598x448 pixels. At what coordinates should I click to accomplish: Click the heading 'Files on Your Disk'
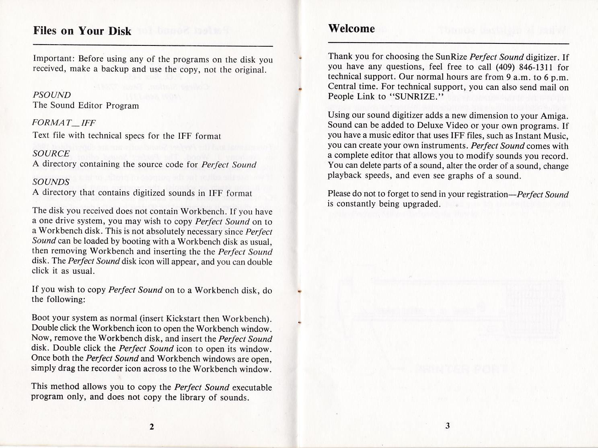click(x=82, y=31)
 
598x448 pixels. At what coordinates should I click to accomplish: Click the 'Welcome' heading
click(x=351, y=29)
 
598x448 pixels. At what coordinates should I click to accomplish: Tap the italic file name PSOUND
click(x=51, y=95)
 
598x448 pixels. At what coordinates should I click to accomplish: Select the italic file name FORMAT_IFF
click(x=64, y=123)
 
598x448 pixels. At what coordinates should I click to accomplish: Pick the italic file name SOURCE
click(x=51, y=154)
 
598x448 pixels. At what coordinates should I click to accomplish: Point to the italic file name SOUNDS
click(x=51, y=182)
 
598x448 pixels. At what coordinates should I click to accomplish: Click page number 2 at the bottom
click(x=152, y=427)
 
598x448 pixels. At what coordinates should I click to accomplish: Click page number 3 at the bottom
click(x=447, y=426)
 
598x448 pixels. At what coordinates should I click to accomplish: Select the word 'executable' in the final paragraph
click(x=252, y=388)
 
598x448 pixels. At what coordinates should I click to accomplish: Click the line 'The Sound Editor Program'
click(x=86, y=106)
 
